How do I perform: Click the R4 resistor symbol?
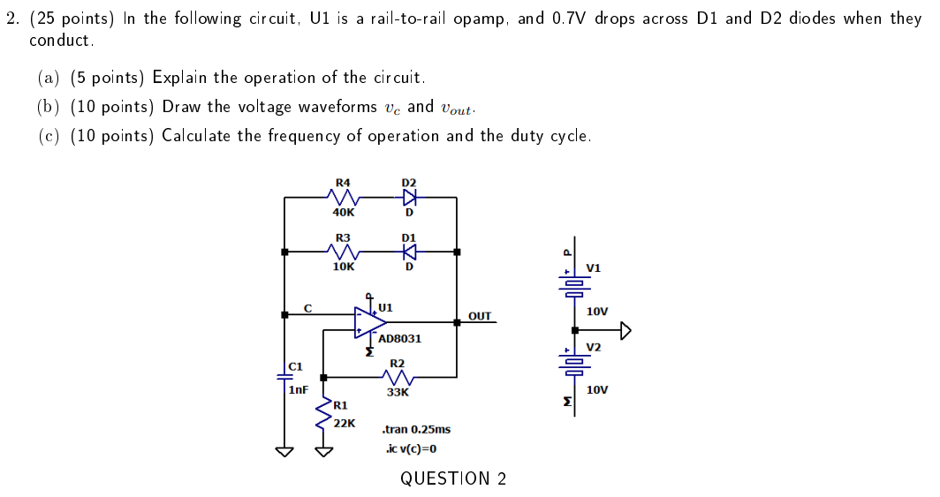[341, 197]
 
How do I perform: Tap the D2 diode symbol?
[408, 197]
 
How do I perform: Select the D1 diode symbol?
[408, 252]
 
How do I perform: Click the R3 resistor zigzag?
[342, 252]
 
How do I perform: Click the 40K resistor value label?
[344, 212]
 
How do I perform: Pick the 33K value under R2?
[398, 392]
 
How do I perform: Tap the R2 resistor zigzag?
[398, 378]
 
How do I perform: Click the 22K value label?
[345, 423]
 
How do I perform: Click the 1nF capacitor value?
[298, 388]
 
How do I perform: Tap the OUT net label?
[479, 315]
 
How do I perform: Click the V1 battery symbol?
[575, 284]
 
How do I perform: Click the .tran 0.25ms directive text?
[415, 429]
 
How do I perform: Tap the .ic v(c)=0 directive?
[412, 448]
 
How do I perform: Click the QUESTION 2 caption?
[453, 478]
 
